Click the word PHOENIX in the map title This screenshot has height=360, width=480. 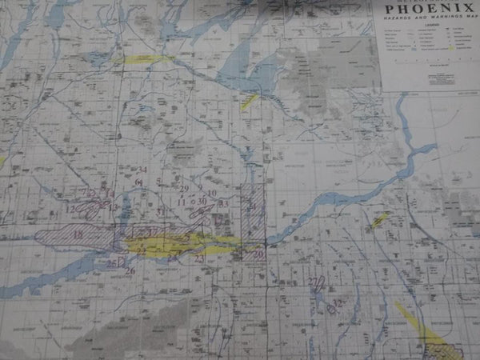click(429, 12)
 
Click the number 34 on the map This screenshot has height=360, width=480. click(142, 170)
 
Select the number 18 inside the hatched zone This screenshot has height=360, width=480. click(78, 234)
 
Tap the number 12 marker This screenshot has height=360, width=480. click(70, 210)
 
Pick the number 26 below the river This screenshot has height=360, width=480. click(129, 271)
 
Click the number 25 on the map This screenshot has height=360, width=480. click(110, 263)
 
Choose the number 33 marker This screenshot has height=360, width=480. click(224, 204)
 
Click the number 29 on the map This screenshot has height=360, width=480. click(183, 189)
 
